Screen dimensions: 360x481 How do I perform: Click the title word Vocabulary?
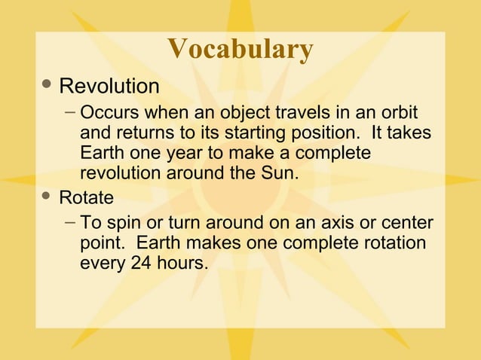240,49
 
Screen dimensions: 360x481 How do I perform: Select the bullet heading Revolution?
109,87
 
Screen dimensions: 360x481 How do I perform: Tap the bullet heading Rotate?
87,198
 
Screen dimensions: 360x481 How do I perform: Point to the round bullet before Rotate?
47,196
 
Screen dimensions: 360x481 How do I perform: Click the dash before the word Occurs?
69,113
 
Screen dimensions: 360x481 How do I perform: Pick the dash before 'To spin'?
69,223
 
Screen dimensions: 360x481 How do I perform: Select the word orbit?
400,114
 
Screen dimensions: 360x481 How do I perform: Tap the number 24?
143,264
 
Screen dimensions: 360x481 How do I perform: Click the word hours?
185,264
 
